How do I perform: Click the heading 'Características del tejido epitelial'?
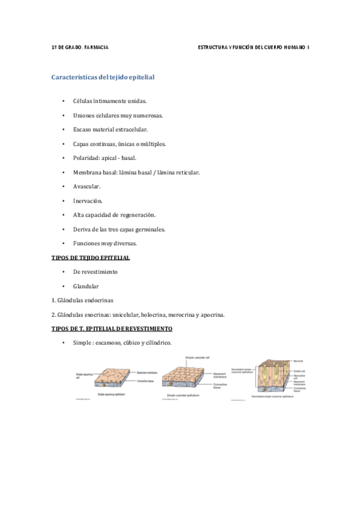coord(103,77)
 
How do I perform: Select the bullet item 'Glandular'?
coord(86,286)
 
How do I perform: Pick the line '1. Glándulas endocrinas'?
coord(82,300)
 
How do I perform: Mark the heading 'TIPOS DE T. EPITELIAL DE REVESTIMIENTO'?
coord(112,329)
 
